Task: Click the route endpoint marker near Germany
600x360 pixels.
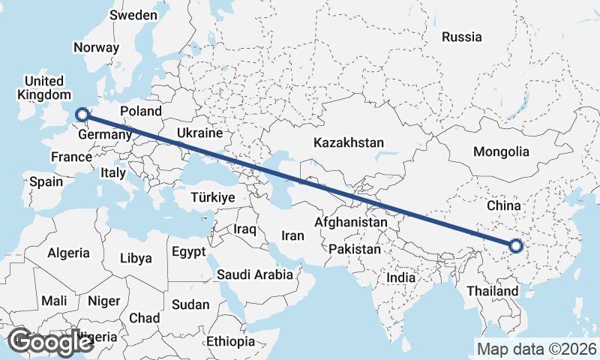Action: pos(83,115)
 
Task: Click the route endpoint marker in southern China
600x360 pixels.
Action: pos(515,245)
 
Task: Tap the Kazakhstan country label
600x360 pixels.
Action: pos(349,142)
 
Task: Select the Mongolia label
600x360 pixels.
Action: pos(501,151)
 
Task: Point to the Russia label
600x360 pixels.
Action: pos(461,37)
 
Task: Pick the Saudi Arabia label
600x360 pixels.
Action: pos(255,274)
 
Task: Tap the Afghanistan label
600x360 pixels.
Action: pos(351,223)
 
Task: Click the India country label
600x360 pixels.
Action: pos(401,277)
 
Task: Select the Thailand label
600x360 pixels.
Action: pos(491,291)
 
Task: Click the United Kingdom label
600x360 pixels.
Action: pos(42,88)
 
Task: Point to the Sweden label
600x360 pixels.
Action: pos(133,15)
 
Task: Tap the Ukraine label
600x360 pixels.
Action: pos(199,133)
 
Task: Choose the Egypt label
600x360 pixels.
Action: pos(188,251)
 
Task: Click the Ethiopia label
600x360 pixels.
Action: pos(231,341)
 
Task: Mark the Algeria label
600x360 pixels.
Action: pos(68,253)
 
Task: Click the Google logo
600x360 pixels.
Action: pos(49,342)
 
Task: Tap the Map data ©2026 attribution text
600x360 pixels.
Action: pos(536,349)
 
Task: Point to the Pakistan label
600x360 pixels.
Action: pos(354,248)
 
